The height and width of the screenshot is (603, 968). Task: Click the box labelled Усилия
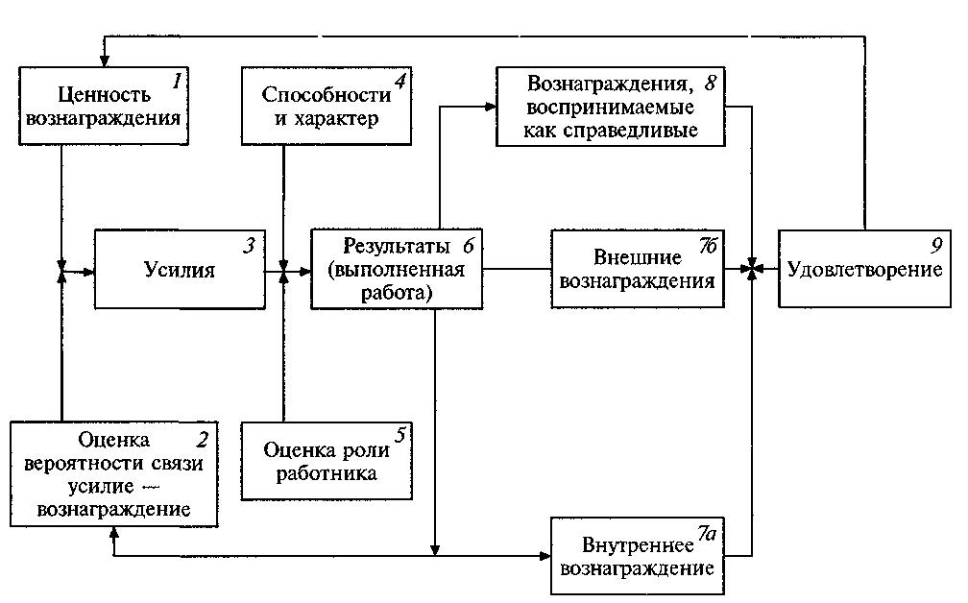[x=181, y=270]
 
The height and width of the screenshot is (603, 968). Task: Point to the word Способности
[x=326, y=95]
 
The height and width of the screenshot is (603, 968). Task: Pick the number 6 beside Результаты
[x=468, y=244]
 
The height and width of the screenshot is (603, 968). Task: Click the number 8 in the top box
[x=712, y=81]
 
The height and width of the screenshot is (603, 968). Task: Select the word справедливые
[x=644, y=130]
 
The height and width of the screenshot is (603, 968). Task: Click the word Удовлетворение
[x=864, y=270]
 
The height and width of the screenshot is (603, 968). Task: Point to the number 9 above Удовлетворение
[x=933, y=244]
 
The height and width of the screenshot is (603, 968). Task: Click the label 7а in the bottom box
[x=706, y=532]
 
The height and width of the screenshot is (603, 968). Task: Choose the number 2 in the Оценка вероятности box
[x=202, y=441]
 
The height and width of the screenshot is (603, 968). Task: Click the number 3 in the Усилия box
[x=249, y=245]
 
